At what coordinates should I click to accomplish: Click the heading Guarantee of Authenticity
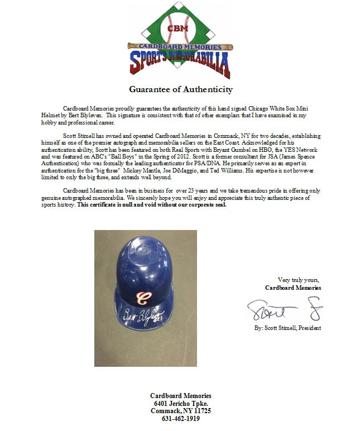click(x=181, y=89)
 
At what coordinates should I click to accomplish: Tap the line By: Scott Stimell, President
click(x=287, y=328)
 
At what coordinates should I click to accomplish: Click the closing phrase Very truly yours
click(x=299, y=280)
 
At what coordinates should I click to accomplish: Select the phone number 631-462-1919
click(x=180, y=418)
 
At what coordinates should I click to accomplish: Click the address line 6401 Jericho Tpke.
click(x=180, y=403)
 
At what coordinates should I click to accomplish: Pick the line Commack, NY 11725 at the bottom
click(x=180, y=410)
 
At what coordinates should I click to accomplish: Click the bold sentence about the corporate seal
click(x=152, y=204)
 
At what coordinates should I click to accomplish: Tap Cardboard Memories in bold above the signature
click(x=293, y=288)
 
